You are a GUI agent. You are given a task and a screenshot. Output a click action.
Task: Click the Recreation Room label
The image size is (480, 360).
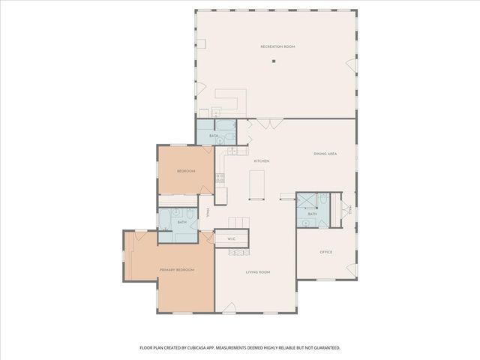coord(277,46)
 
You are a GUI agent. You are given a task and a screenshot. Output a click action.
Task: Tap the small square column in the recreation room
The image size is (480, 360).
coord(274,61)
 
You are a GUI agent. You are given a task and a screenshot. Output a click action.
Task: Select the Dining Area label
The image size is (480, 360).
coord(325,154)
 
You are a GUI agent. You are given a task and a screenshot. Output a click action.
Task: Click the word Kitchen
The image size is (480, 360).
coord(261,161)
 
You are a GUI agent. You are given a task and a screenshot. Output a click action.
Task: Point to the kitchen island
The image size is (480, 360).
coord(257,184)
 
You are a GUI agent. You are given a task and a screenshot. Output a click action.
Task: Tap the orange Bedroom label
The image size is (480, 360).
coord(186,171)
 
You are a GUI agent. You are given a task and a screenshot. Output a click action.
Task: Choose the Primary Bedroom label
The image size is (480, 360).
coord(177,269)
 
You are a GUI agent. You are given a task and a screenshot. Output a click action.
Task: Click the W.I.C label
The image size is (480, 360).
coord(232,239)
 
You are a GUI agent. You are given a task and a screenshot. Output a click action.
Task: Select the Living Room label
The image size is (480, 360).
coord(258,271)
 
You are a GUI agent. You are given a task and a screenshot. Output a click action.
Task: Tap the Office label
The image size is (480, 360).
coord(326,252)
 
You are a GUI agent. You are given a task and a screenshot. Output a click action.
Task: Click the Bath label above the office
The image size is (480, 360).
coord(312,214)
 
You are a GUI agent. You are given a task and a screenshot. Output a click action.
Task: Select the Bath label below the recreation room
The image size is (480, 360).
coord(214,136)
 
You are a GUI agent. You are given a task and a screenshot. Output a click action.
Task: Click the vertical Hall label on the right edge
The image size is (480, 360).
coord(349,212)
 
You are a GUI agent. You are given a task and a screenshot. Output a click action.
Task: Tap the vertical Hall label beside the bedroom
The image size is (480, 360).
coord(208,213)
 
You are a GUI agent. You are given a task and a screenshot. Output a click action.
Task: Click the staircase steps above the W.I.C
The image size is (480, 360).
coord(238,223)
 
